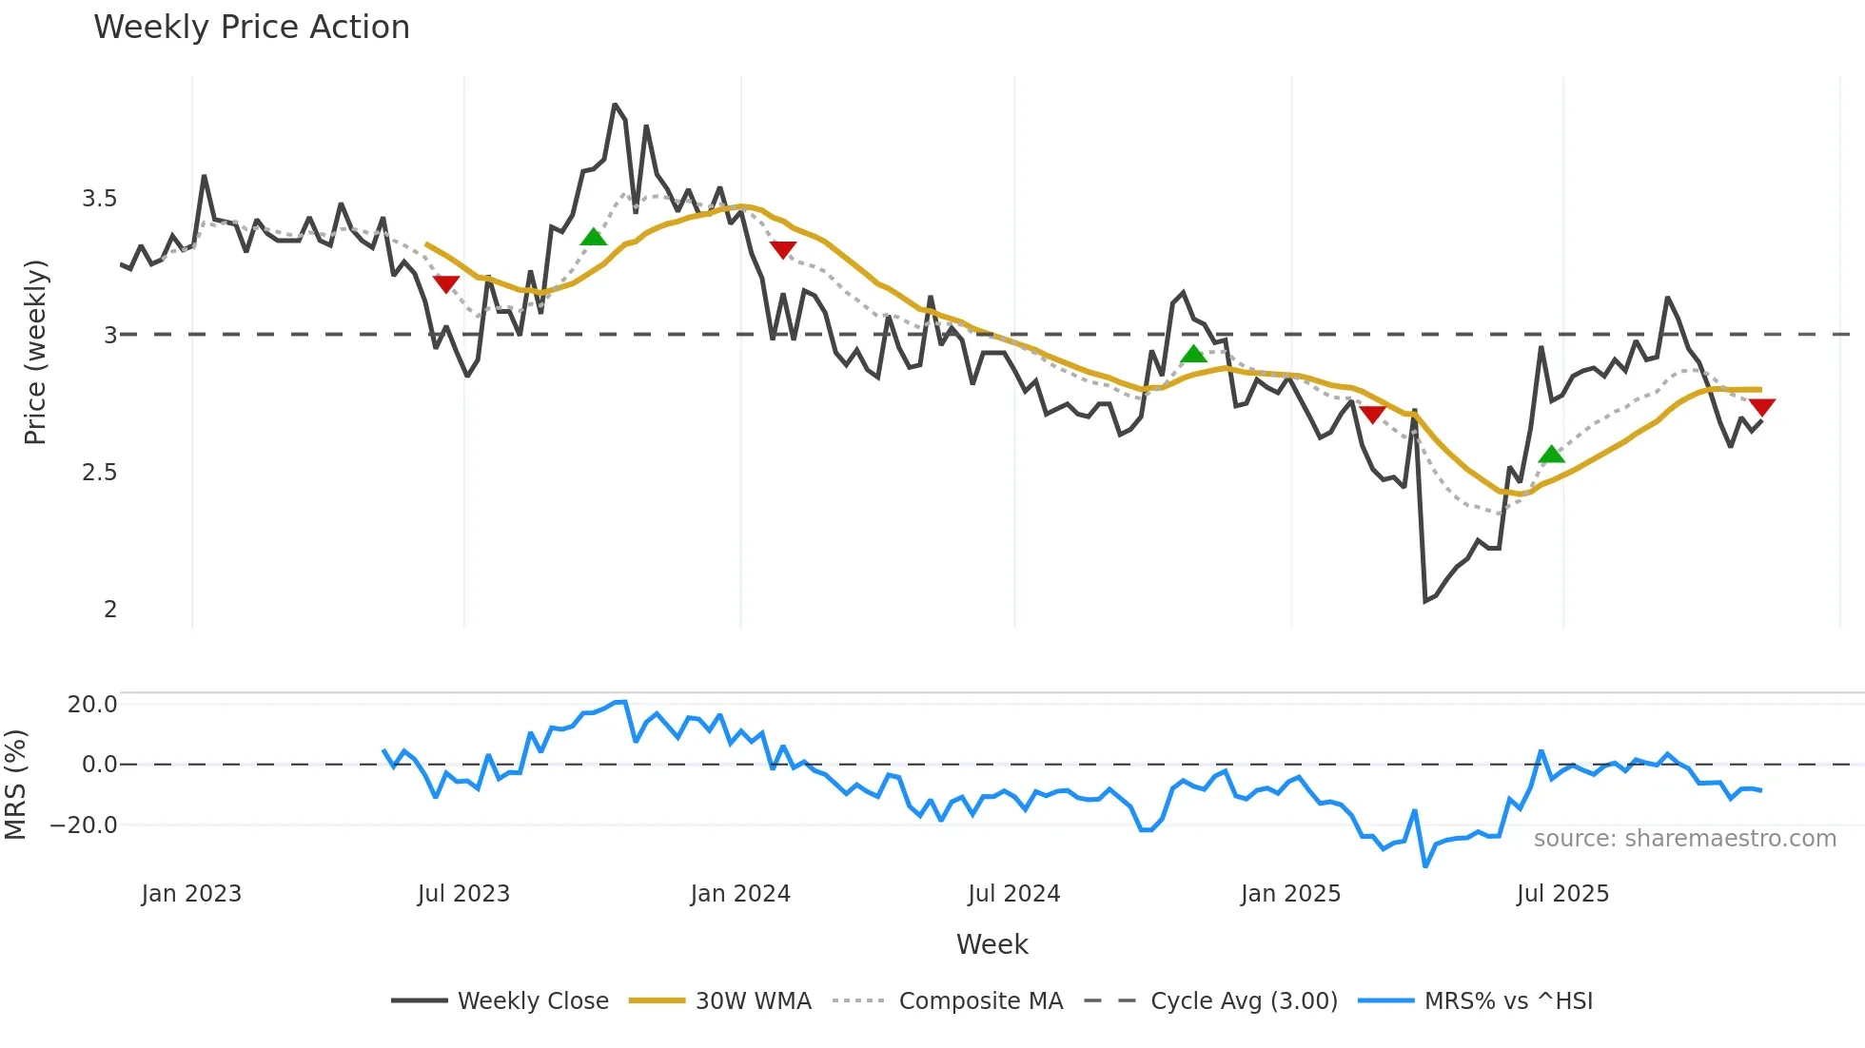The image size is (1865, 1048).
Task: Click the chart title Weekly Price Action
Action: [x=251, y=27]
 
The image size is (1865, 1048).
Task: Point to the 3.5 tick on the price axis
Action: [x=99, y=199]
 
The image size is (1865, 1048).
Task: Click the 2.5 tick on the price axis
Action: [x=99, y=473]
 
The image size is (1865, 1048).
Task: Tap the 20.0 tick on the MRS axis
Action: [x=92, y=705]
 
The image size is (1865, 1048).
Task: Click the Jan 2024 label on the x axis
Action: [x=740, y=894]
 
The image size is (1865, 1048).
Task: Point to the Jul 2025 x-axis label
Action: [x=1562, y=894]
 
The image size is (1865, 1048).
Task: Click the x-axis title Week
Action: [x=991, y=944]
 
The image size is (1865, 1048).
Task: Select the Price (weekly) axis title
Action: [x=35, y=352]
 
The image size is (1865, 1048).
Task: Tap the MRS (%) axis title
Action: [x=15, y=785]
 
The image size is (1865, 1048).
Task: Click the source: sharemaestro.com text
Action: [x=1684, y=839]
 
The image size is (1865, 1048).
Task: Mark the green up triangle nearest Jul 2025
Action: [x=1551, y=455]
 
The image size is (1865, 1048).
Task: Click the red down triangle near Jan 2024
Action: [x=782, y=250]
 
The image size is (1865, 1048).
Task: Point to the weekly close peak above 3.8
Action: [x=615, y=105]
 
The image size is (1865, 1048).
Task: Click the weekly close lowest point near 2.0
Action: [x=1425, y=601]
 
